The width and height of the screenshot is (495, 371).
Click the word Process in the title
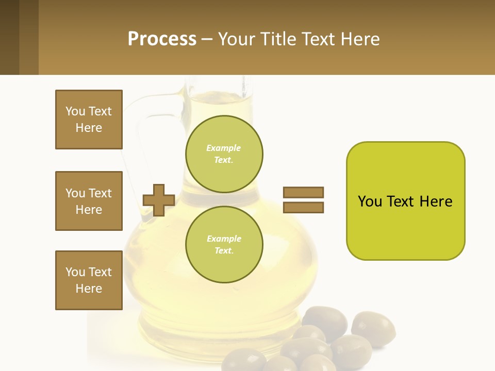pyautogui.click(x=162, y=39)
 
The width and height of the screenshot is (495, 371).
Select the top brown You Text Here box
pyautogui.click(x=89, y=120)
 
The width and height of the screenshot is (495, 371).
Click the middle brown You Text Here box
pyautogui.click(x=89, y=201)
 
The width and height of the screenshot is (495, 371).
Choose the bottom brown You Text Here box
pyautogui.click(x=89, y=280)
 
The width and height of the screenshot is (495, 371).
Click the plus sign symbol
pyautogui.click(x=159, y=200)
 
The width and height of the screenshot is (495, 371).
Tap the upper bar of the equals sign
pyautogui.click(x=303, y=192)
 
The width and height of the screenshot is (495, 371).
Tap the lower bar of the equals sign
pyautogui.click(x=303, y=207)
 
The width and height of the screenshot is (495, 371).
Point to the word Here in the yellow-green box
pyautogui.click(x=436, y=201)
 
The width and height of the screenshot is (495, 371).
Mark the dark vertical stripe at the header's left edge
pyautogui.click(x=9, y=37)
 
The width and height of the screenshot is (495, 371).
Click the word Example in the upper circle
pyautogui.click(x=224, y=148)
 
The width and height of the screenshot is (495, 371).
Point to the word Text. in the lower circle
pyautogui.click(x=224, y=251)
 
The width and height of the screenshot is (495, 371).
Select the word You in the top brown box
pyautogui.click(x=75, y=111)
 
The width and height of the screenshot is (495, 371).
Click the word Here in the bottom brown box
pyautogui.click(x=89, y=289)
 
